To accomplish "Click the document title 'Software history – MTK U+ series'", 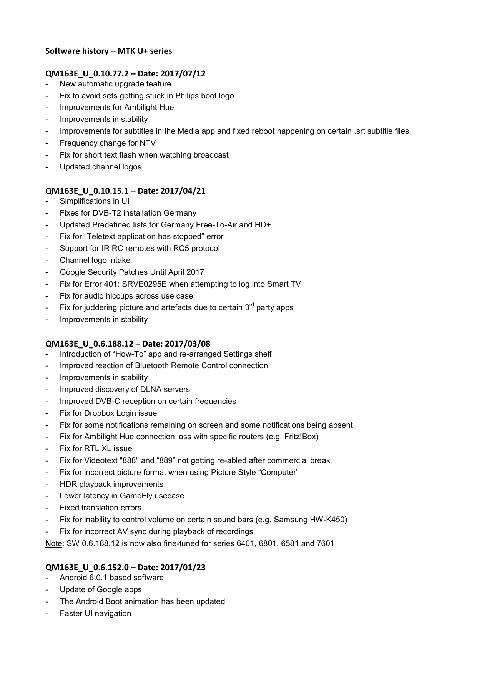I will (x=108, y=51).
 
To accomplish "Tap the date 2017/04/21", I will (x=183, y=191).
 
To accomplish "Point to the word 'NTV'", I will (x=148, y=143).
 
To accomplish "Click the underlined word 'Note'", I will (x=53, y=544).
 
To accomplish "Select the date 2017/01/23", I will (x=183, y=568).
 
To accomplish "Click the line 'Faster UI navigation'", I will (x=95, y=614).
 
